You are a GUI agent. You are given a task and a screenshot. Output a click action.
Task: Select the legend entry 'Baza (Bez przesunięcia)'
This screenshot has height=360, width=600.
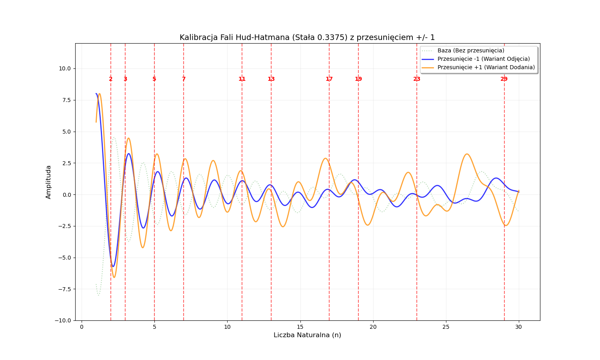470,50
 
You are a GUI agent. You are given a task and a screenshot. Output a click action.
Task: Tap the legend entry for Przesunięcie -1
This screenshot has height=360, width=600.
483,59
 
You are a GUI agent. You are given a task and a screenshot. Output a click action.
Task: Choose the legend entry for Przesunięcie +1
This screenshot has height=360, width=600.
486,67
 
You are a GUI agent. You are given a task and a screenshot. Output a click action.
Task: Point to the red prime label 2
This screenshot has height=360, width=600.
111,79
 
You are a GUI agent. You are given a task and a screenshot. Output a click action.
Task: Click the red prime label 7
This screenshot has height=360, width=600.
184,79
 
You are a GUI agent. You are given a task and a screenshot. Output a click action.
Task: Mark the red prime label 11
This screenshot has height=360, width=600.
242,79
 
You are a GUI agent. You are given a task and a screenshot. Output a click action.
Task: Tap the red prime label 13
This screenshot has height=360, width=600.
271,79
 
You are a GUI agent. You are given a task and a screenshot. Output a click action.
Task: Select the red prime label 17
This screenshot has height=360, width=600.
329,79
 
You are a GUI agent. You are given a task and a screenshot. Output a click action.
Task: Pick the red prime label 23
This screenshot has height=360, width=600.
417,79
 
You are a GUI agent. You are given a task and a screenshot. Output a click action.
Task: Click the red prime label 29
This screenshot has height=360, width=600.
504,79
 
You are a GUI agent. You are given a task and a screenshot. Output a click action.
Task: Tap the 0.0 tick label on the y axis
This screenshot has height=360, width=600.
66,195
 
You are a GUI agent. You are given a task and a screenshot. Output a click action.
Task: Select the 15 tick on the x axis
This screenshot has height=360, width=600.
300,327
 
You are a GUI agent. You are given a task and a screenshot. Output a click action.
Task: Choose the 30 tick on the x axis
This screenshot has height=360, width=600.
519,327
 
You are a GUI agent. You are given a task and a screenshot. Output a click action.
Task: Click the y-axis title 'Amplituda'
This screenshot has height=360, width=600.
49,182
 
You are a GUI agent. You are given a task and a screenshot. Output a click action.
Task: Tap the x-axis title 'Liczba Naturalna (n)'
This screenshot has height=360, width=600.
307,335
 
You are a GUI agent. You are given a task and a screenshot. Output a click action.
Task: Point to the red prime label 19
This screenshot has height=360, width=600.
358,79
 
